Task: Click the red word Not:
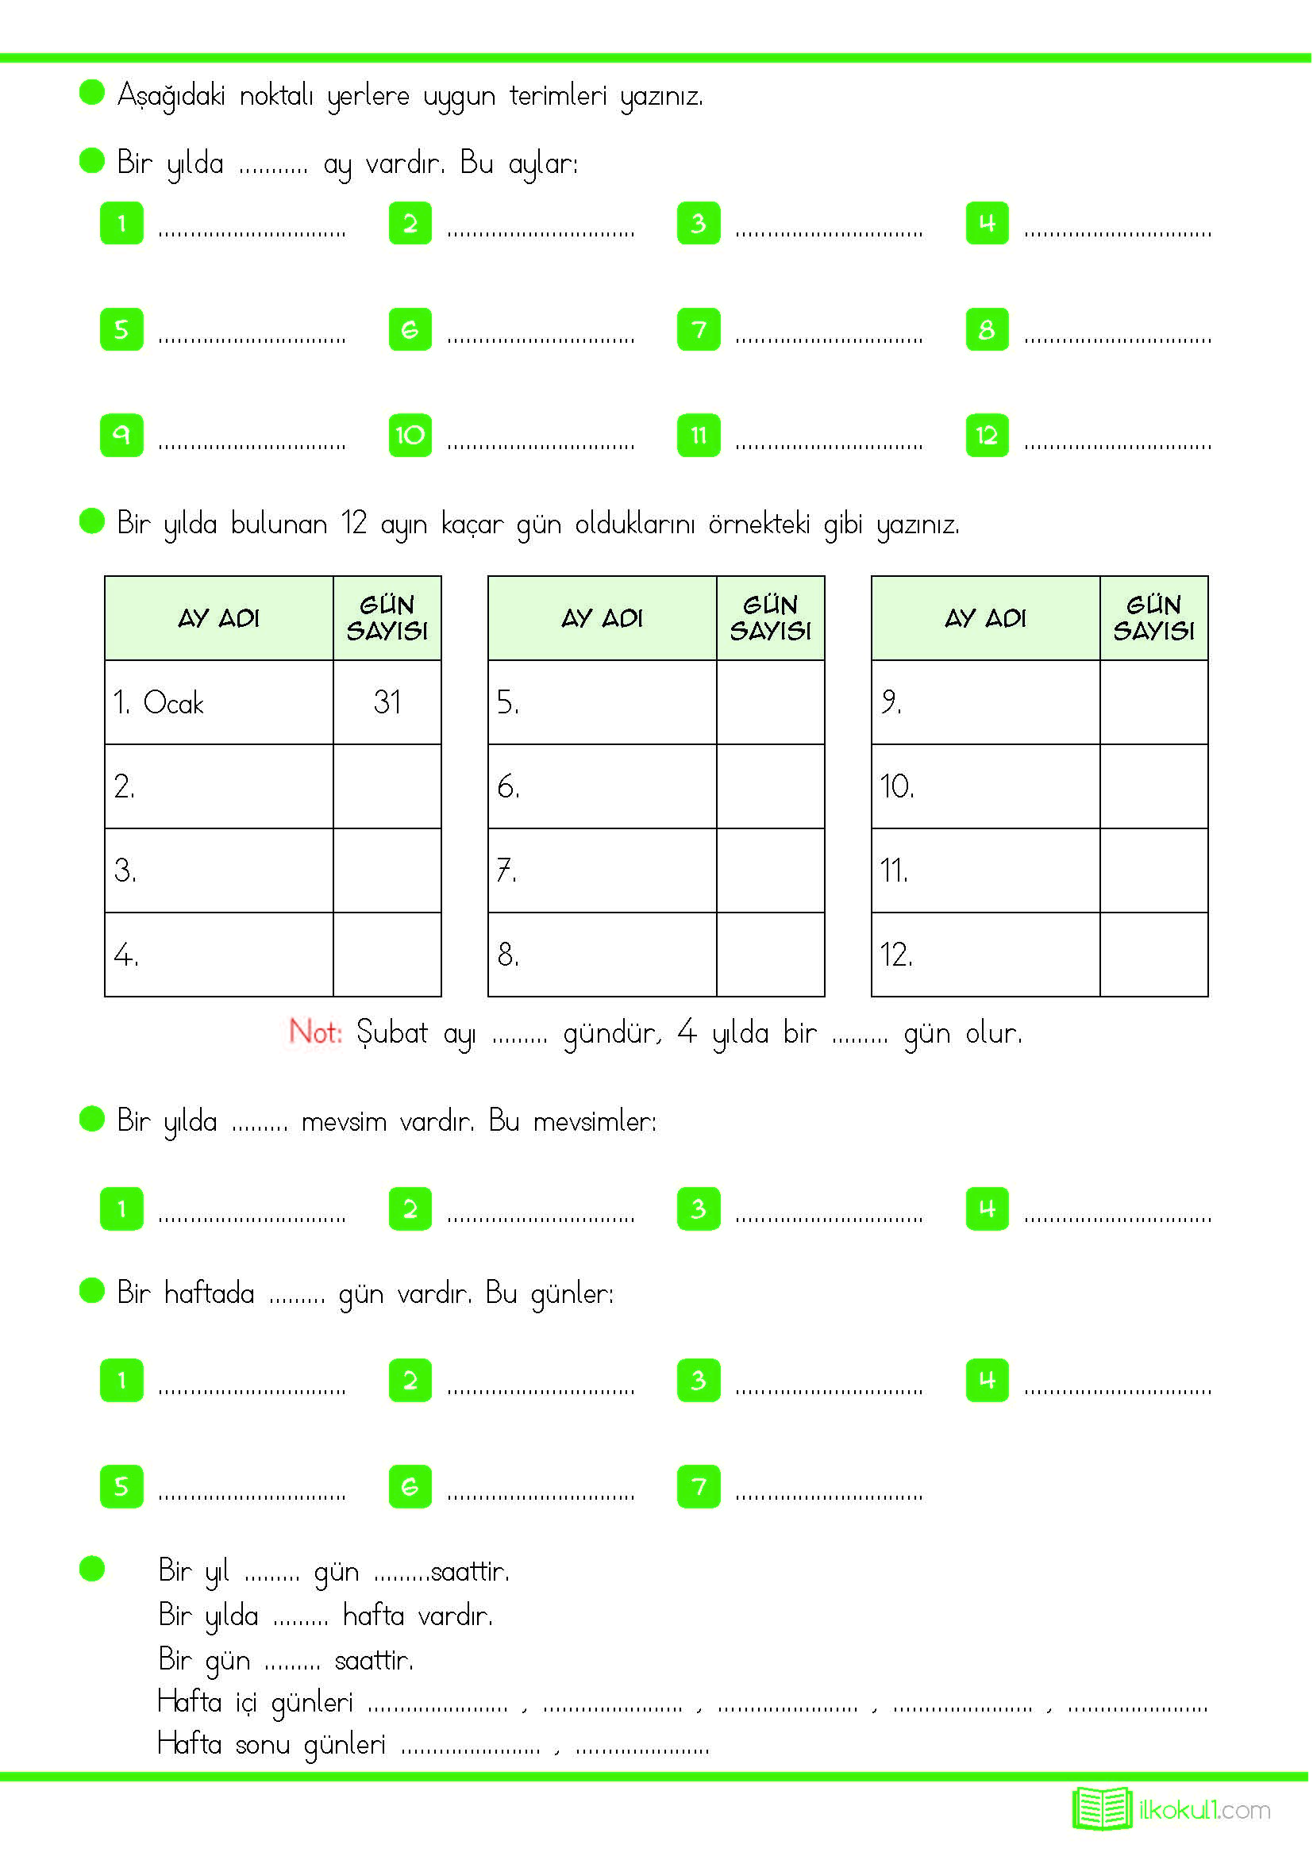(315, 1032)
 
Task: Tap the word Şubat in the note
(392, 1032)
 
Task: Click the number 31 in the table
(387, 701)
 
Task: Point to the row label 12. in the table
(895, 955)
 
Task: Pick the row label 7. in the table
(506, 870)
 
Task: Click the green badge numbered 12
(987, 436)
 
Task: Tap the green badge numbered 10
(410, 436)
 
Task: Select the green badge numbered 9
(121, 436)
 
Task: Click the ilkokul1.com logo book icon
(1102, 1809)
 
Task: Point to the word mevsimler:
(595, 1121)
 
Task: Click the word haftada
(209, 1293)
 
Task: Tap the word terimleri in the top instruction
(558, 96)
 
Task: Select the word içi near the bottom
(246, 1702)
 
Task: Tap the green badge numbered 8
(987, 330)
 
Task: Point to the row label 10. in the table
(896, 786)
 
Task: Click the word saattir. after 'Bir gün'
(374, 1660)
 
